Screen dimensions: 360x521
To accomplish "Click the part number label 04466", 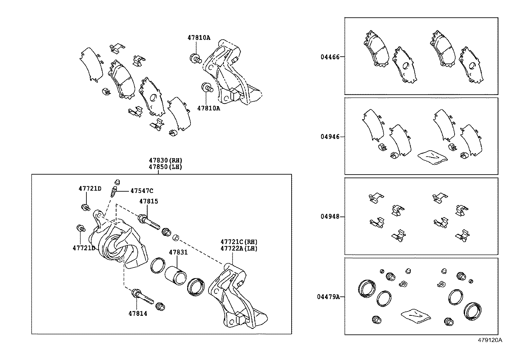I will click(330, 57).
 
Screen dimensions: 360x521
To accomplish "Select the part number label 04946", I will click(330, 137).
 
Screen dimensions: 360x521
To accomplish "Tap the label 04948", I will click(330, 217).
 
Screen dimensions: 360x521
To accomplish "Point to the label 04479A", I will click(328, 297).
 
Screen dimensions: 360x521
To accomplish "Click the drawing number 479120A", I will click(490, 340).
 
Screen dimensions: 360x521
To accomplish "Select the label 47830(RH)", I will click(165, 160).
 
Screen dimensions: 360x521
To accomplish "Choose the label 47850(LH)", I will click(165, 166).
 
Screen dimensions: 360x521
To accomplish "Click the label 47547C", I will click(142, 191).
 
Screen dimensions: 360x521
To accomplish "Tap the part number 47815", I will click(149, 201).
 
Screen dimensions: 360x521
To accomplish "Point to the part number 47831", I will click(178, 252).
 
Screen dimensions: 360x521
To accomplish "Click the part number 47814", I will click(138, 313).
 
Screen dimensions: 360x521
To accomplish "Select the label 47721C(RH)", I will click(239, 242).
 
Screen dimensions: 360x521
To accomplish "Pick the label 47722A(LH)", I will click(239, 248).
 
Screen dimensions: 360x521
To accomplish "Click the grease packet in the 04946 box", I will click(432, 156).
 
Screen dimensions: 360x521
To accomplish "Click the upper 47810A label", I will click(199, 37).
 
